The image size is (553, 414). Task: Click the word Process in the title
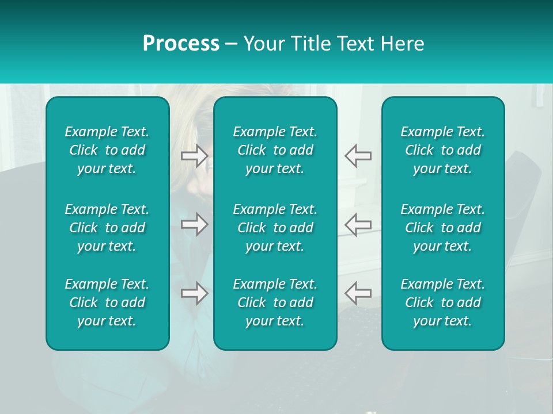181,44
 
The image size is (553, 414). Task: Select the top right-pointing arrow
194,156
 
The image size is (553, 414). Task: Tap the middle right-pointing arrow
194,224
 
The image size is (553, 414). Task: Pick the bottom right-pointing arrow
194,293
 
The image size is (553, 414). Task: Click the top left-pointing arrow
358,156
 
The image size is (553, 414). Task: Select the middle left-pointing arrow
358,224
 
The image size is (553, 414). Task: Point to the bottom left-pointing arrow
358,293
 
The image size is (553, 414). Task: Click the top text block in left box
107,150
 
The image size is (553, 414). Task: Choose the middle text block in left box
107,228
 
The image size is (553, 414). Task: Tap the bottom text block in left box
107,302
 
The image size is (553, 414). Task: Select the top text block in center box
275,150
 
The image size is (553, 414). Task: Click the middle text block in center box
275,228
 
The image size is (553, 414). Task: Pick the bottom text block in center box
275,302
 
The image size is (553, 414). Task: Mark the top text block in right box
443,150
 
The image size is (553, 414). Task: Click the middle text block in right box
443,228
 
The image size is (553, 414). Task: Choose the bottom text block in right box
443,302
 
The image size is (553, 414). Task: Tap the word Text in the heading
355,44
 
